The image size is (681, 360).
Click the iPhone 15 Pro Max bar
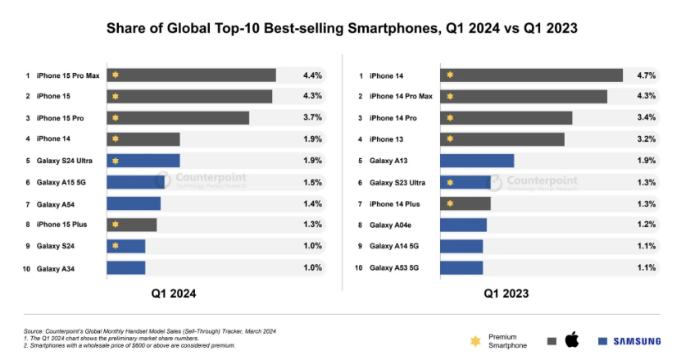coord(191,75)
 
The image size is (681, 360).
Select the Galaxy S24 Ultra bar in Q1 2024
coord(143,161)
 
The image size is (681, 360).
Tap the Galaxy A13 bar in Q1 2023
coord(477,161)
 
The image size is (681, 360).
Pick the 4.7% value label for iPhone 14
coord(646,75)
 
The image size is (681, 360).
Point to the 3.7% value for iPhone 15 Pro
coord(312,118)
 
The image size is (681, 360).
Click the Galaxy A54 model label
coord(57,203)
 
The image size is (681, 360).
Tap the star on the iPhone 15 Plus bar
coord(116,225)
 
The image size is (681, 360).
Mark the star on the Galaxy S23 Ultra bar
coord(449,182)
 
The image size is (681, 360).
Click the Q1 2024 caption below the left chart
coord(173,293)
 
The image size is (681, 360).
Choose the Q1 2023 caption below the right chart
coord(506,293)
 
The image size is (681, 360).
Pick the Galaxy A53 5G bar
coord(461,267)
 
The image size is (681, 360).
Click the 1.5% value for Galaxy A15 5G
coord(312,182)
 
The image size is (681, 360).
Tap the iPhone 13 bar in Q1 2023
coord(502,139)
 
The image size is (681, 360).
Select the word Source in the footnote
coord(34,330)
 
